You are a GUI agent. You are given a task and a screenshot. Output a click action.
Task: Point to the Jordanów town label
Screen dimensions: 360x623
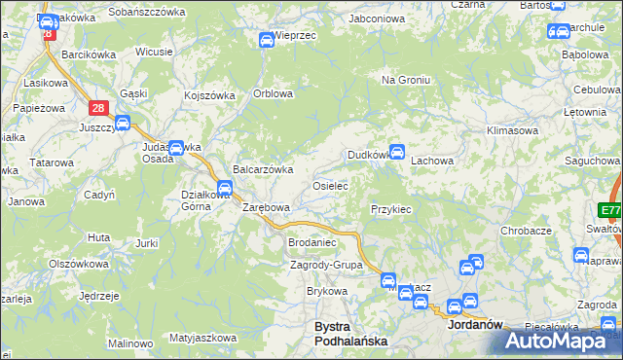pos(473,327)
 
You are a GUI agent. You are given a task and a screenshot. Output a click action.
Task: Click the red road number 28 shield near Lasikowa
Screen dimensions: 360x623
pos(97,109)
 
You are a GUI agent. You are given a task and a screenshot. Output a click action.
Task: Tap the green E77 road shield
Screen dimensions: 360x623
pos(610,211)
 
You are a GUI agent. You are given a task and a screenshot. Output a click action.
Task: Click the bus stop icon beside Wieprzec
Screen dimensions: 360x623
pos(266,40)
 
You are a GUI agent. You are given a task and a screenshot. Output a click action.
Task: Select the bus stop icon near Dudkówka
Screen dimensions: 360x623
pos(397,151)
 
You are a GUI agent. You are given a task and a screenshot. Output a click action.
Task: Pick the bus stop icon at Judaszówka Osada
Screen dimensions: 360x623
pos(176,148)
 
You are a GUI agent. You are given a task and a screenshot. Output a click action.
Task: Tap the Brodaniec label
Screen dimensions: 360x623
pos(311,242)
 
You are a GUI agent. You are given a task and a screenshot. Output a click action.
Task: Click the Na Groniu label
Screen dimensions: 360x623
pos(406,80)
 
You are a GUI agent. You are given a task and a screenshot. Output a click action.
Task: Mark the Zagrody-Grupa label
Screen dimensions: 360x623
pos(326,265)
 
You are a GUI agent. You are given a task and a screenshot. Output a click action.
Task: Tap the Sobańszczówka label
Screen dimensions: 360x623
pos(147,12)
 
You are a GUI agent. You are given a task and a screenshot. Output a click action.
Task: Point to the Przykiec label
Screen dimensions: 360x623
pos(391,209)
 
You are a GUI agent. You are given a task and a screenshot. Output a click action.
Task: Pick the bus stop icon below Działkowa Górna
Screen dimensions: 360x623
pos(225,188)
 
